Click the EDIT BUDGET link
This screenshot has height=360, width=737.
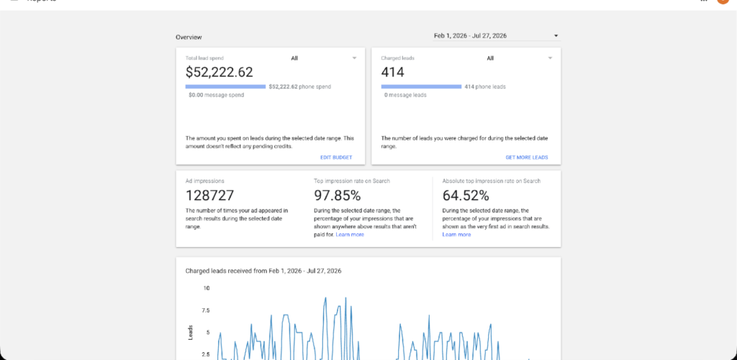[336, 158]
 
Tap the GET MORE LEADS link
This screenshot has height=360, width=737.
[526, 158]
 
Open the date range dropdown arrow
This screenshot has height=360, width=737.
[556, 36]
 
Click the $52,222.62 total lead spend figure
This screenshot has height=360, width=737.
[219, 72]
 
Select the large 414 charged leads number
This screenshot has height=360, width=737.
[392, 72]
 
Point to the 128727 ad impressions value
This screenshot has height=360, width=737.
[209, 195]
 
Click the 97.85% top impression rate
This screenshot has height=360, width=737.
[337, 195]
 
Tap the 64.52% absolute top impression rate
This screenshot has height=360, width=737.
[466, 195]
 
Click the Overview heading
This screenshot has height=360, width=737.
[189, 37]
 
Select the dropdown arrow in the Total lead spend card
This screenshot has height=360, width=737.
[354, 58]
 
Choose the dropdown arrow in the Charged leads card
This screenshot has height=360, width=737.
[550, 58]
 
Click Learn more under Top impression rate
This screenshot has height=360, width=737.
[350, 235]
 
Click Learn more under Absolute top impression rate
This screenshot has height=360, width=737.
[456, 235]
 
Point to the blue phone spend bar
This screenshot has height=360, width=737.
[225, 86]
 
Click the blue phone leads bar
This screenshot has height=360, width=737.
[421, 86]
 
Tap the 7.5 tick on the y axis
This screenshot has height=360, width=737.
[206, 310]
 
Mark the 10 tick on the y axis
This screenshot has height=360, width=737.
[207, 288]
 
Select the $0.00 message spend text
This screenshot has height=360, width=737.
[216, 95]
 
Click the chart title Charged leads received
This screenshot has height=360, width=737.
[263, 271]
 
